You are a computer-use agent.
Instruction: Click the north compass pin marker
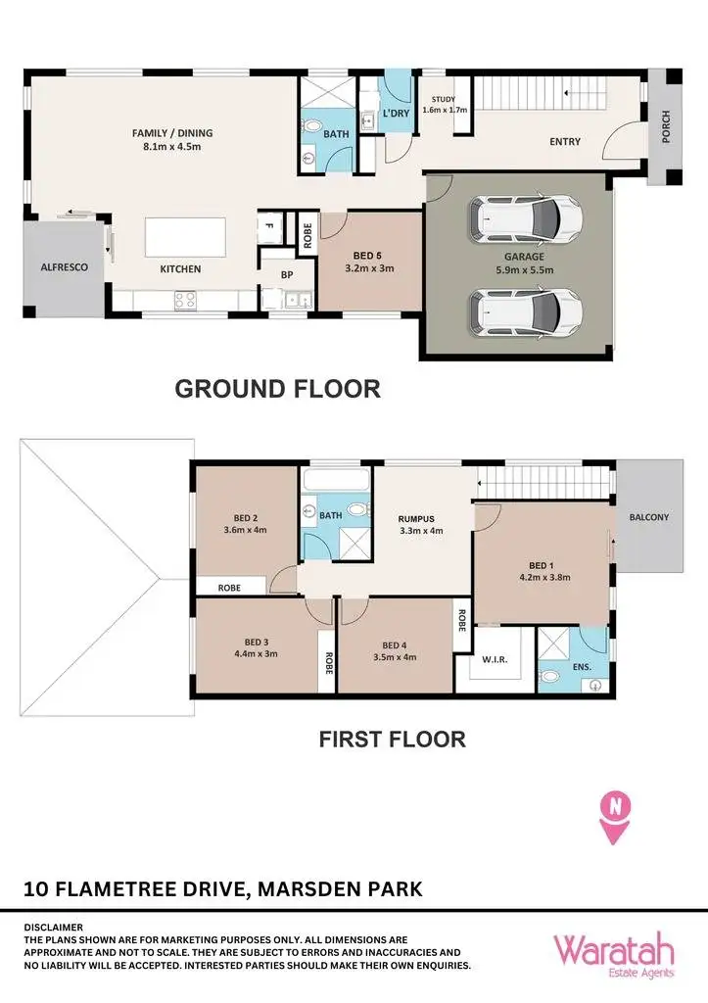pyautogui.click(x=615, y=816)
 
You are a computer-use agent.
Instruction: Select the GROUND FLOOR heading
pyautogui.click(x=277, y=388)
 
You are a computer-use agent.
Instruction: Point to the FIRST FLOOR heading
pyautogui.click(x=392, y=739)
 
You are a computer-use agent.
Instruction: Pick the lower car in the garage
pyautogui.click(x=525, y=311)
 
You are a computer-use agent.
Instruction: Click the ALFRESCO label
pyautogui.click(x=66, y=266)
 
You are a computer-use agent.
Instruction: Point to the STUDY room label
pyautogui.click(x=445, y=99)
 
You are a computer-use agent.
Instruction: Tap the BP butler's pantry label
pyautogui.click(x=286, y=275)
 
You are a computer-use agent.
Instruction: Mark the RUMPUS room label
pyautogui.click(x=416, y=520)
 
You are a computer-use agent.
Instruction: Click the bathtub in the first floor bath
pyautogui.click(x=336, y=481)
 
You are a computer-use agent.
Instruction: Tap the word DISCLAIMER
pyautogui.click(x=54, y=927)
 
